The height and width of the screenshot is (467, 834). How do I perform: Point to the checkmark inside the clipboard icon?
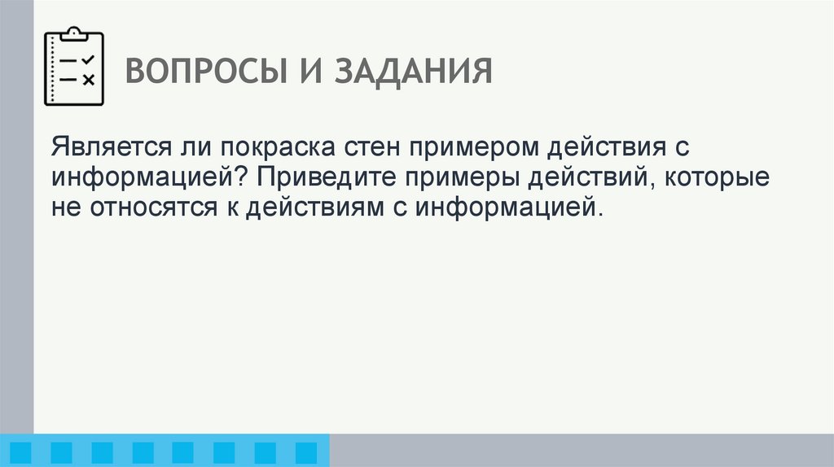pos(89,59)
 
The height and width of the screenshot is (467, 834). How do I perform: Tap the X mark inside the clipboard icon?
pos(89,79)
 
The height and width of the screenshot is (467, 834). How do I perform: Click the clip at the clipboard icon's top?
pos(74,33)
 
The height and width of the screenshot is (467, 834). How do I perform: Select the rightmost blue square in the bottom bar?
pos(305,452)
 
